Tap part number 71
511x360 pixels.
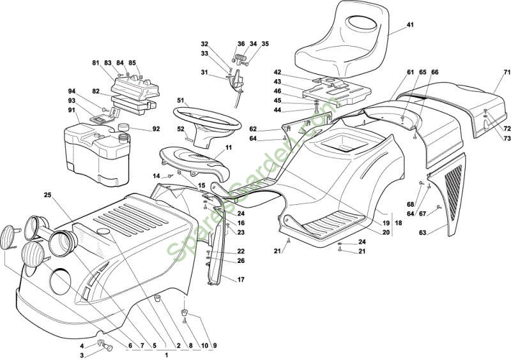pyautogui.click(x=507, y=72)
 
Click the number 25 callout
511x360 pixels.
pyautogui.click(x=47, y=194)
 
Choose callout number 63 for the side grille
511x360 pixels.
pyautogui.click(x=422, y=233)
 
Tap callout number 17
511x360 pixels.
pyautogui.click(x=241, y=280)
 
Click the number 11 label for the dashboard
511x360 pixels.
pyautogui.click(x=229, y=147)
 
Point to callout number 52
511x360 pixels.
pyautogui.click(x=181, y=129)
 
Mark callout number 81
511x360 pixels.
pyautogui.click(x=96, y=63)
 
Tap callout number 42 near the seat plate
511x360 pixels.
pyautogui.click(x=278, y=72)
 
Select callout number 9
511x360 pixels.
pyautogui.click(x=215, y=345)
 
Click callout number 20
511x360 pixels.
pyautogui.click(x=386, y=232)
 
